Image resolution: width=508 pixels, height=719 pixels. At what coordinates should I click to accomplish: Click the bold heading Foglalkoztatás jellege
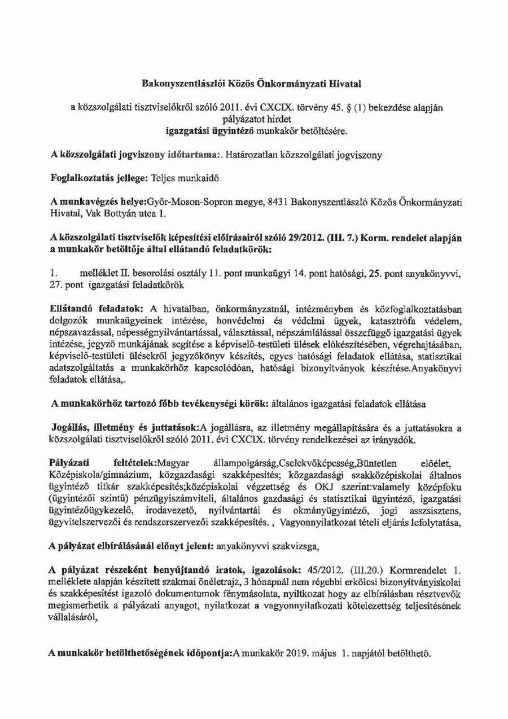(98, 177)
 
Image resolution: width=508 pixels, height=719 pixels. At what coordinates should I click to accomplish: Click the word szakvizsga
(299, 546)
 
